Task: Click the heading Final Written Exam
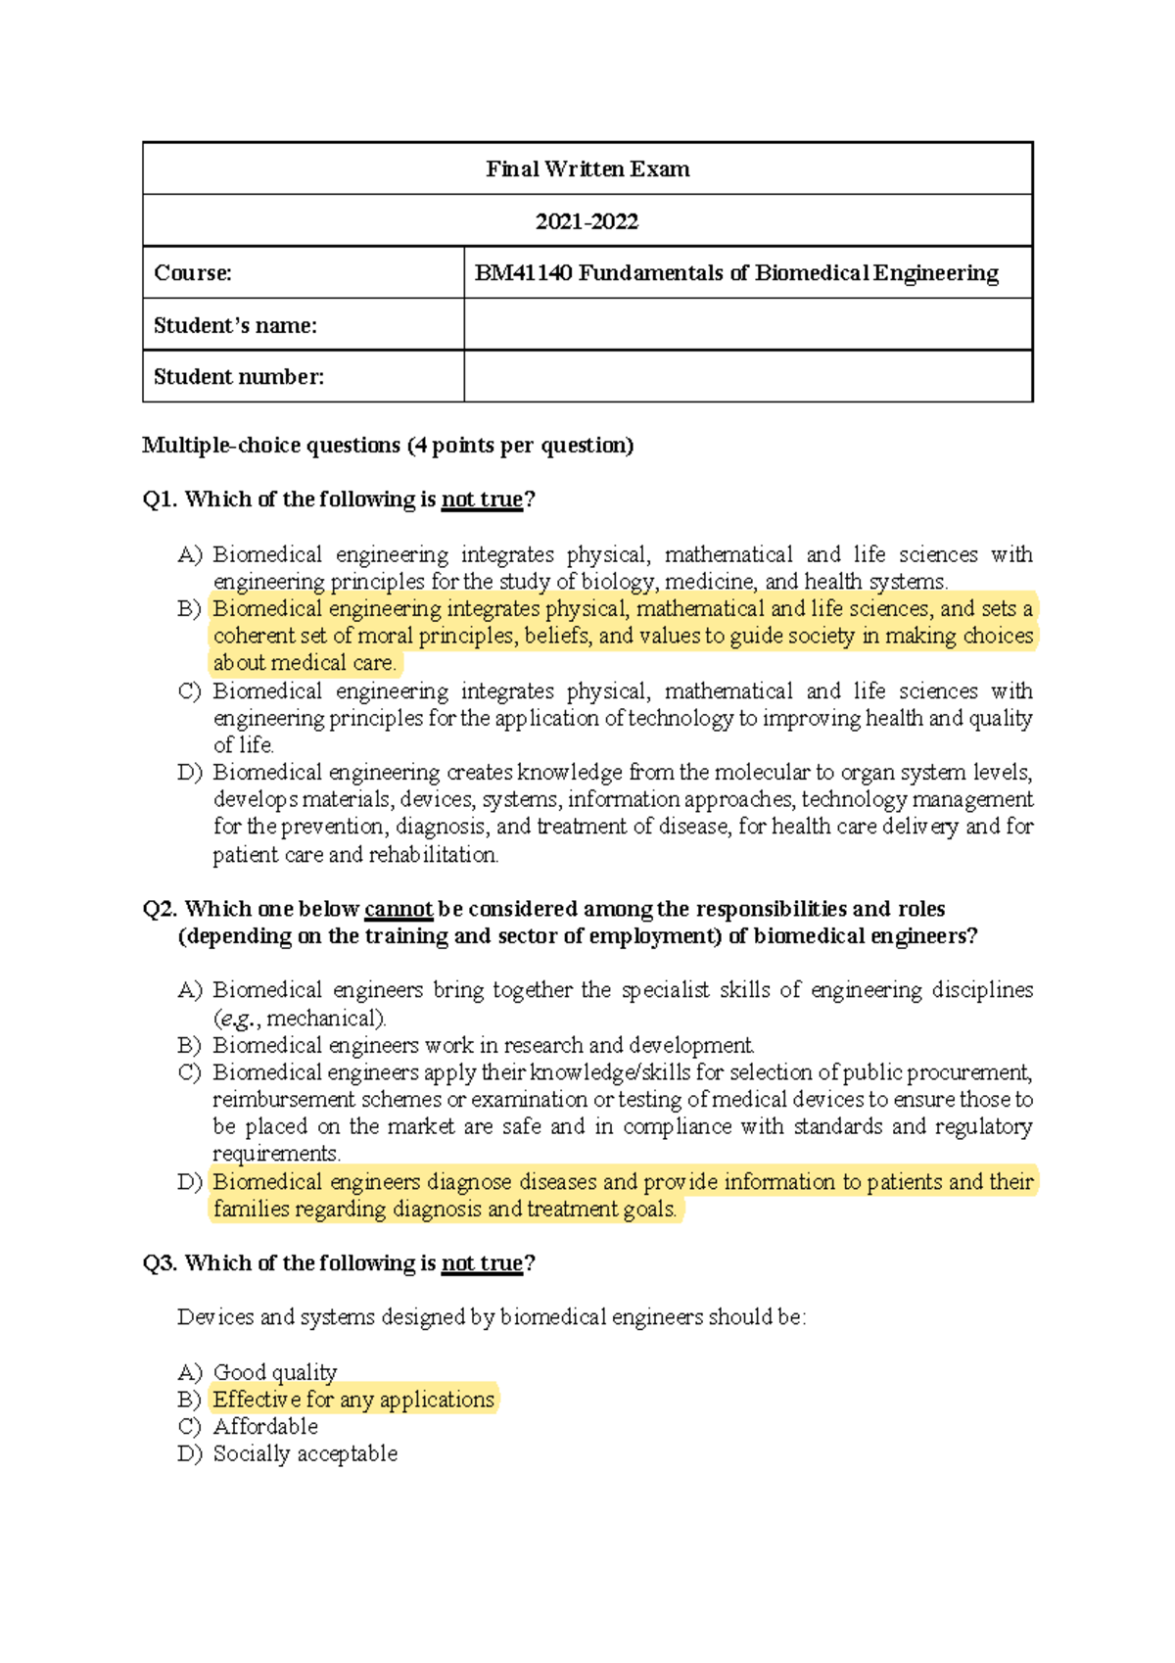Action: point(587,168)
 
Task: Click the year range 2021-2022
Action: point(587,221)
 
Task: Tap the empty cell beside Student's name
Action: point(747,324)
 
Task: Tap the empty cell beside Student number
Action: point(747,376)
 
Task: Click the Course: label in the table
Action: point(193,273)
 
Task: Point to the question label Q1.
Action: point(160,499)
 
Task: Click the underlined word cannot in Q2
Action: point(398,909)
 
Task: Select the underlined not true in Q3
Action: point(482,1263)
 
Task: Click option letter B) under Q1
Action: point(189,609)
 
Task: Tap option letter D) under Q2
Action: point(189,1182)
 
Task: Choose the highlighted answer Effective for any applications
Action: point(353,1400)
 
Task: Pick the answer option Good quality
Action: point(275,1372)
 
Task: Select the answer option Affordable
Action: point(265,1427)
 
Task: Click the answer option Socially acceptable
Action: point(305,1454)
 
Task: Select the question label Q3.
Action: point(160,1263)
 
